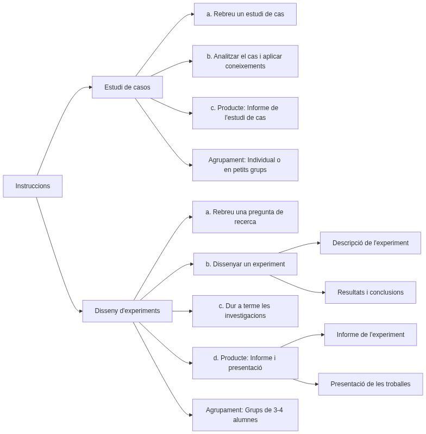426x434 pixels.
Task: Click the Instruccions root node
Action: click(x=33, y=186)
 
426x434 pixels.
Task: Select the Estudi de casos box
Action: click(x=127, y=87)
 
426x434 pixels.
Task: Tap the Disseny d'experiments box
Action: click(x=127, y=311)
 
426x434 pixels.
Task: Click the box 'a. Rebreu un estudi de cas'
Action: click(x=245, y=14)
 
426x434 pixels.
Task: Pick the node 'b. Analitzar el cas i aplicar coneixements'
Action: click(x=245, y=61)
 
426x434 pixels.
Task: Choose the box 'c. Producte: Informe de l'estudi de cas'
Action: click(x=245, y=113)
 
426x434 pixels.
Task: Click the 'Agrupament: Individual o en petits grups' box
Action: click(x=245, y=165)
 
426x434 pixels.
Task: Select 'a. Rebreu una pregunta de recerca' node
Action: click(x=245, y=217)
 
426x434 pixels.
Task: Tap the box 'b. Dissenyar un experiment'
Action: click(x=245, y=264)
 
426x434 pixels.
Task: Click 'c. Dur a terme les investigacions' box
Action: click(x=245, y=311)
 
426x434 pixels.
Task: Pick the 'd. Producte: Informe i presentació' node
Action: click(x=245, y=363)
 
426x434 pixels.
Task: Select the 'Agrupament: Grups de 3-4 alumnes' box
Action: click(x=245, y=415)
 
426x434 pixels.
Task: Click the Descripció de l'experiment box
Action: click(x=370, y=243)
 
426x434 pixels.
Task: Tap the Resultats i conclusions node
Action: click(x=370, y=292)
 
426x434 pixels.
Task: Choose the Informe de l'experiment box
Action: click(x=370, y=335)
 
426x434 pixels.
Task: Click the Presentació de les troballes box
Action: click(x=370, y=384)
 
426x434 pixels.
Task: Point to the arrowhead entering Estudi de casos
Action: click(x=90, y=87)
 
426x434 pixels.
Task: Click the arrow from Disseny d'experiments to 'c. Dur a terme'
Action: click(x=182, y=311)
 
